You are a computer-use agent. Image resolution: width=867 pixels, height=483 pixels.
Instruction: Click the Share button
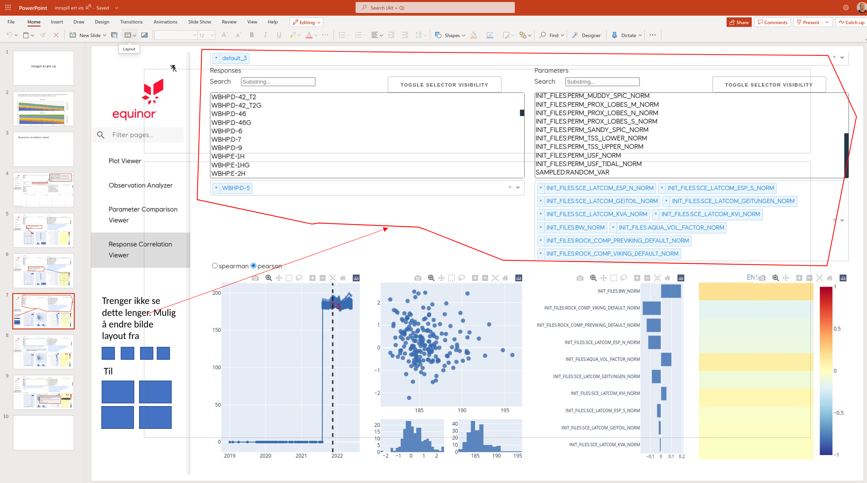739,22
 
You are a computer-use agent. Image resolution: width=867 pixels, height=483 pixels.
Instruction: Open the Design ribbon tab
102,22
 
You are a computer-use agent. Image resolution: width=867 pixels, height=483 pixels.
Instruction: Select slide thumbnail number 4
44,190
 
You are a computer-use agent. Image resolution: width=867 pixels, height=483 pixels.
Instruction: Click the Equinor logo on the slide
134,99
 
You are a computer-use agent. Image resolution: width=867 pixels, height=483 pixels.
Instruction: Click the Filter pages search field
143,135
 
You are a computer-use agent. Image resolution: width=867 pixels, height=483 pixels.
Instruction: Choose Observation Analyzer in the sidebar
140,185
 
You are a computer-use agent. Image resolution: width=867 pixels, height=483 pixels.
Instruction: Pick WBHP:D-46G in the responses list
231,123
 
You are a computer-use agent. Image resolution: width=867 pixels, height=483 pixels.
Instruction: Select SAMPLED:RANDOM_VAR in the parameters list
572,172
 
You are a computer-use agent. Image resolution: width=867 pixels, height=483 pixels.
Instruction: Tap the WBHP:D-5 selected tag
236,188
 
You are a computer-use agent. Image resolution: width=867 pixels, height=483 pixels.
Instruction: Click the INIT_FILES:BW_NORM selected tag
575,227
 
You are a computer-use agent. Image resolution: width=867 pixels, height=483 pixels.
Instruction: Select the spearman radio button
215,265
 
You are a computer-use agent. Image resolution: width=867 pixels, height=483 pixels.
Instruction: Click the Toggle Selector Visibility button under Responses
444,85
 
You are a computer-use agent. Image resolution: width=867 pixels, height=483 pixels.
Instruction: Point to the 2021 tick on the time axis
301,456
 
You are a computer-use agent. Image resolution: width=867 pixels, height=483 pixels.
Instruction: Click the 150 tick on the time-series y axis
217,330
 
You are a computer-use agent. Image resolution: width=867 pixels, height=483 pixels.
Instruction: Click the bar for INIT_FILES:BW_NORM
671,291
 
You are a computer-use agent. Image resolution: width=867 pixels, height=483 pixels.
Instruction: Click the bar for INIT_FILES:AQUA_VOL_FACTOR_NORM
666,359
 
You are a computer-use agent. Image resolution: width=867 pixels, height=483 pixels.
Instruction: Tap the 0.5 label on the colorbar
837,329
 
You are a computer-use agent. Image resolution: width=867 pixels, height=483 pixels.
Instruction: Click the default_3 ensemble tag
234,58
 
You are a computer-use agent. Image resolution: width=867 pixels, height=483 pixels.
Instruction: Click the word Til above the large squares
108,371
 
